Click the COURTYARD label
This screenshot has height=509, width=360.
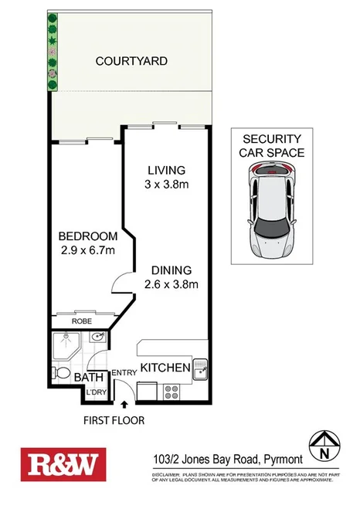click(x=131, y=61)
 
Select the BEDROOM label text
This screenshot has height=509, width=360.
click(x=88, y=236)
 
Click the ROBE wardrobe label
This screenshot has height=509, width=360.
click(x=83, y=321)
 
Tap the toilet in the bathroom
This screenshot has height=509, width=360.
click(x=61, y=372)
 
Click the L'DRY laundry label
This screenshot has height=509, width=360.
click(x=96, y=392)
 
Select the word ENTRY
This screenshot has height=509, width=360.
click(x=124, y=373)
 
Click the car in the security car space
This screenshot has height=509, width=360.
click(x=271, y=212)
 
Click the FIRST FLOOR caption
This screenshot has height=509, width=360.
click(x=114, y=420)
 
